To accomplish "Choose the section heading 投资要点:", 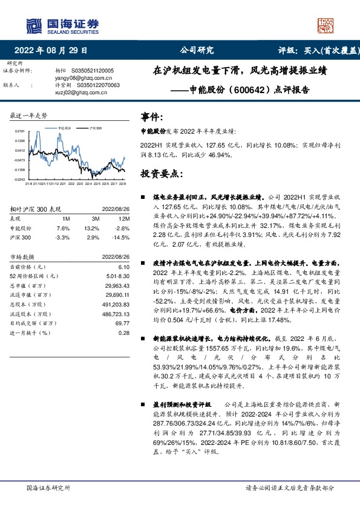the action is click(x=160, y=173).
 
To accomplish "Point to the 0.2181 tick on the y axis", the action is click(x=19, y=131).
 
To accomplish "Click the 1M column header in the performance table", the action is click(x=66, y=219).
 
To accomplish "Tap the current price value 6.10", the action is click(x=123, y=266).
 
